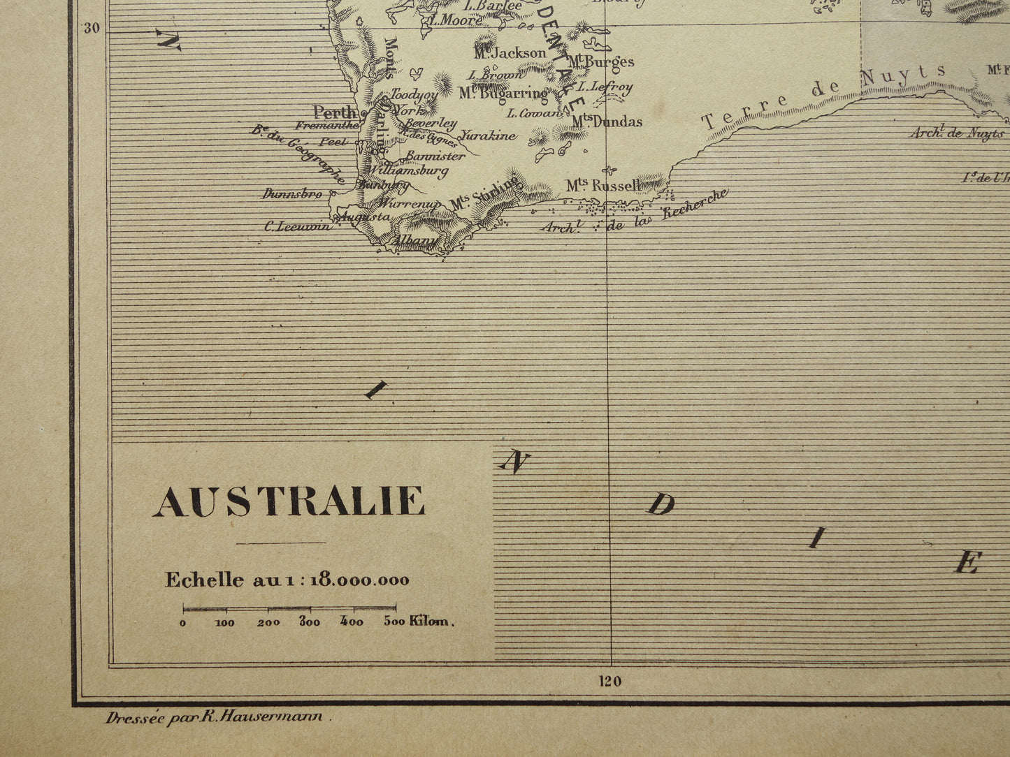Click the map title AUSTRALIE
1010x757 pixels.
[289, 501]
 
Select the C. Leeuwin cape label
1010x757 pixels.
[297, 226]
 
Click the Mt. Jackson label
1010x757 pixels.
[510, 53]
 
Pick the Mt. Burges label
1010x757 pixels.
[600, 62]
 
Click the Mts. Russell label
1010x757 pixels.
[603, 186]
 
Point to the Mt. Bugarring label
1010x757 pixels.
[503, 93]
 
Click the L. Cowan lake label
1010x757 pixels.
[535, 112]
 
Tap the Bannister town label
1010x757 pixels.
[435, 156]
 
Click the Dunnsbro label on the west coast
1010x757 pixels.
[292, 194]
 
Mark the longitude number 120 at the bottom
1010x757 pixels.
[609, 681]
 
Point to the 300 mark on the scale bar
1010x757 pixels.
[310, 622]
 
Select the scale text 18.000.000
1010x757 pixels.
[360, 580]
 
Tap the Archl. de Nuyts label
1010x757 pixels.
[956, 133]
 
